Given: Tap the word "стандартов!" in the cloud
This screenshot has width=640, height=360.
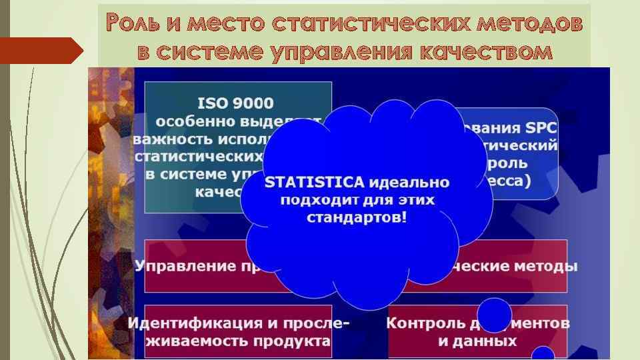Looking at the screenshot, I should [356, 218].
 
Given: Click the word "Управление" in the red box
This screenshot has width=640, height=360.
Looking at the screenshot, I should [173, 267].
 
